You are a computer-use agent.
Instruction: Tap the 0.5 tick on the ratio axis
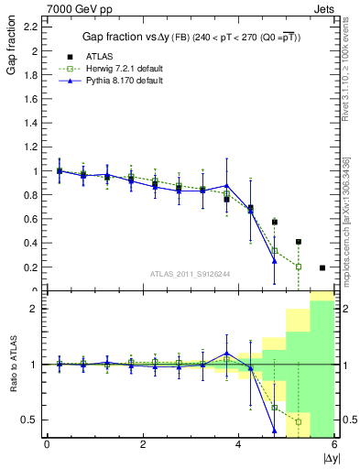(30, 420)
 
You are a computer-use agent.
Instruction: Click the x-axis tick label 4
(239, 445)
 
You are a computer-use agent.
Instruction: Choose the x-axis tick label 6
(334, 445)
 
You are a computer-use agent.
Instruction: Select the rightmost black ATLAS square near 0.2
(322, 267)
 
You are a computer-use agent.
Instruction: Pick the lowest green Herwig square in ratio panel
(299, 422)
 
